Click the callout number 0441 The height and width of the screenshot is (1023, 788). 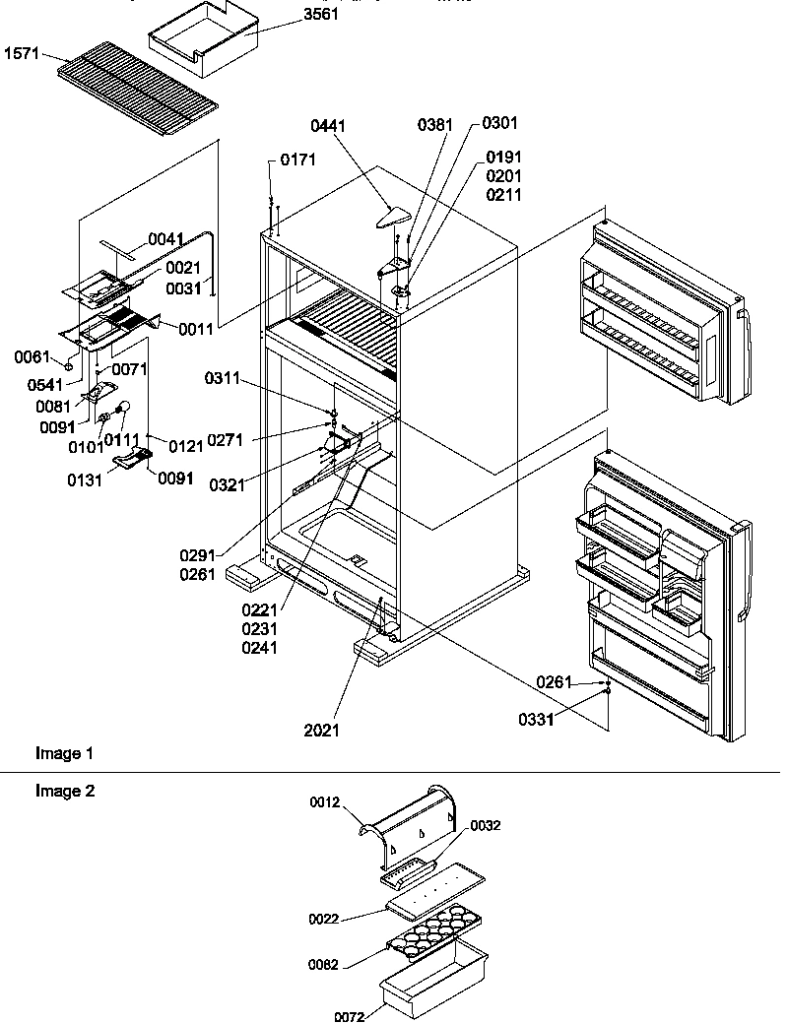click(x=328, y=125)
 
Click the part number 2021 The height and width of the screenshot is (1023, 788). click(x=321, y=731)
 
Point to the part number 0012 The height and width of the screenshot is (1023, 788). click(x=325, y=802)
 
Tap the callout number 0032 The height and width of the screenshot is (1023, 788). click(x=485, y=826)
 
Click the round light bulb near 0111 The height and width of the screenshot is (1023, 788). click(x=124, y=406)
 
